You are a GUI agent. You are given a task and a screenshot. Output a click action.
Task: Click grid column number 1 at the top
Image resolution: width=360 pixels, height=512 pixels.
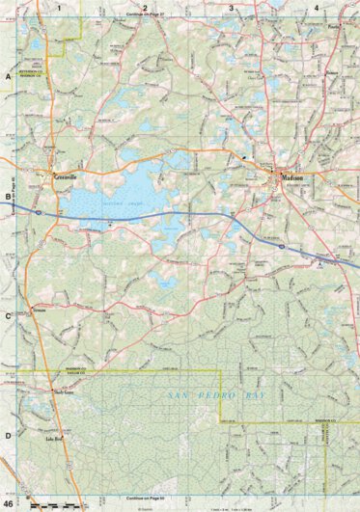(x=59, y=7)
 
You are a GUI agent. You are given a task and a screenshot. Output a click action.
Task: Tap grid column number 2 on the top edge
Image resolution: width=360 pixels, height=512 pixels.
(x=145, y=7)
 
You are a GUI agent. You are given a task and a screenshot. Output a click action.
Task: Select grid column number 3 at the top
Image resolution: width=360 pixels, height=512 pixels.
(x=231, y=7)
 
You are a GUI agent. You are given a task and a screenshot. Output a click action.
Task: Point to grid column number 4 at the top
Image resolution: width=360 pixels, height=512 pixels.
(x=317, y=7)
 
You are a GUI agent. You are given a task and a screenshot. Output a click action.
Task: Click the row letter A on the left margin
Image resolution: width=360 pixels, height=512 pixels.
(x=8, y=75)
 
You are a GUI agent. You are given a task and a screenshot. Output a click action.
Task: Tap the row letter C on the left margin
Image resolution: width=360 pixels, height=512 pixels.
(x=8, y=315)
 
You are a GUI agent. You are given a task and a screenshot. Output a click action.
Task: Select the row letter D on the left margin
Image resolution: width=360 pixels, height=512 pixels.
(x=8, y=435)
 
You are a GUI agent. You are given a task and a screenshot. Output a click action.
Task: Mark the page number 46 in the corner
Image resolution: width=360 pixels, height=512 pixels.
(x=9, y=503)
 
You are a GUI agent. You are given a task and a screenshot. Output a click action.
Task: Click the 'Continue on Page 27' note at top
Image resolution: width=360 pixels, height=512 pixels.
(x=145, y=16)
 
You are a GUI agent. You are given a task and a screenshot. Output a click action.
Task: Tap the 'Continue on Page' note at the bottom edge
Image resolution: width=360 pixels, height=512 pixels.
(x=145, y=497)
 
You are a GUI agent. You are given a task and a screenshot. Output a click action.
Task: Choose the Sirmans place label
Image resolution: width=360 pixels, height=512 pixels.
(x=39, y=310)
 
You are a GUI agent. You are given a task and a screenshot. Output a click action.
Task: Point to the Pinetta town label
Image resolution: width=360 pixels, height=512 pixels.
(x=335, y=27)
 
